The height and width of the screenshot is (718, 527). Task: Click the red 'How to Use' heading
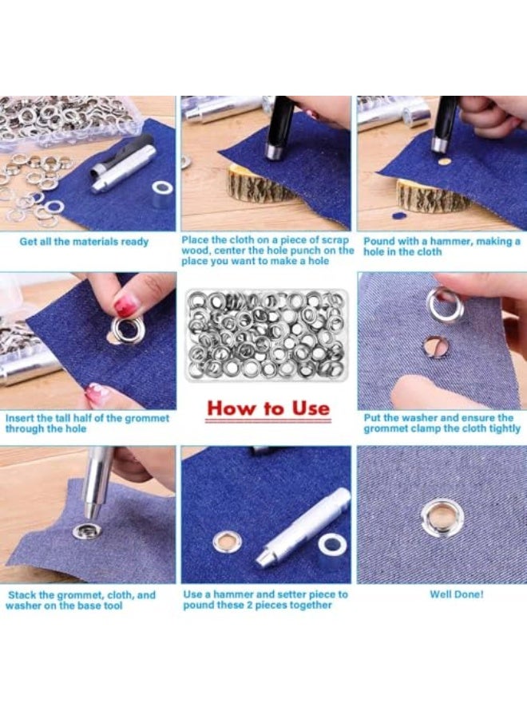click(267, 408)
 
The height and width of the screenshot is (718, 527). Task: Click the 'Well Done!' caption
click(456, 594)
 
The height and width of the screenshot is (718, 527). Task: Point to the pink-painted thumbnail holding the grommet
click(126, 306)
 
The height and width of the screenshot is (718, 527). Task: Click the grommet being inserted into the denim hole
click(128, 329)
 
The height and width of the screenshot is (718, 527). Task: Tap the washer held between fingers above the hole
click(444, 304)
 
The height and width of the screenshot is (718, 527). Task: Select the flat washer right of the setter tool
click(332, 544)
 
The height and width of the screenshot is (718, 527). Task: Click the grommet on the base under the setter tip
click(85, 531)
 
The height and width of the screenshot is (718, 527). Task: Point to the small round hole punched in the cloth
click(444, 159)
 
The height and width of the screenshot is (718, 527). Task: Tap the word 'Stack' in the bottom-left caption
click(23, 594)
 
